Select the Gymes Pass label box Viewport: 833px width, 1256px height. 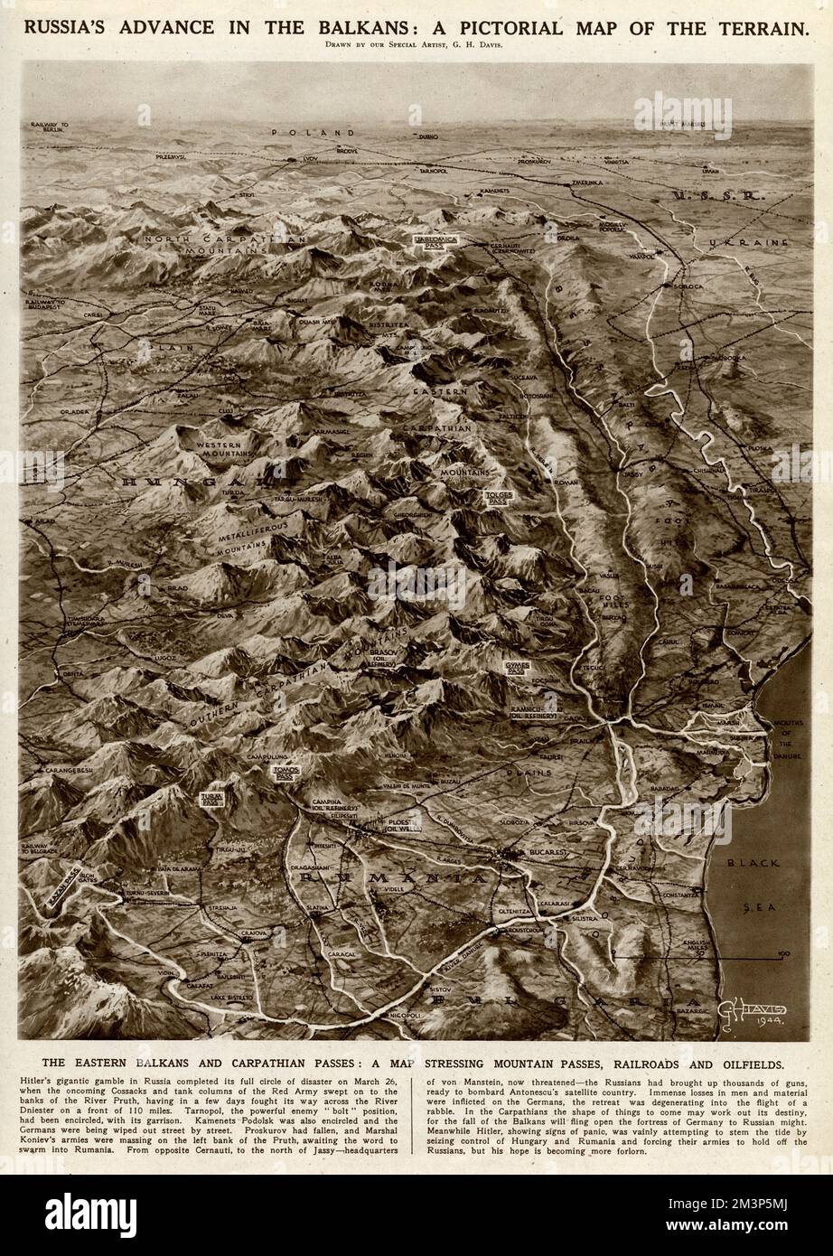coord(516,667)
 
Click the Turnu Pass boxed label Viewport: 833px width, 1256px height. coord(212,800)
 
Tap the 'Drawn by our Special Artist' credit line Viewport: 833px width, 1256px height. coord(416,47)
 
